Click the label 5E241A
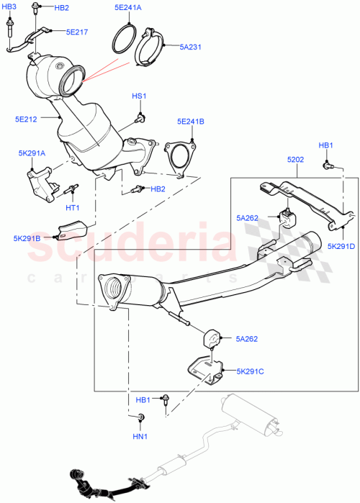click(x=127, y=8)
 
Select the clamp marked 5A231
click(x=153, y=46)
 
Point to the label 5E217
click(x=77, y=32)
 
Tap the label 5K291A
click(x=32, y=153)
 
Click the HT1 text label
click(x=73, y=208)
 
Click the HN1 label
click(x=140, y=436)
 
